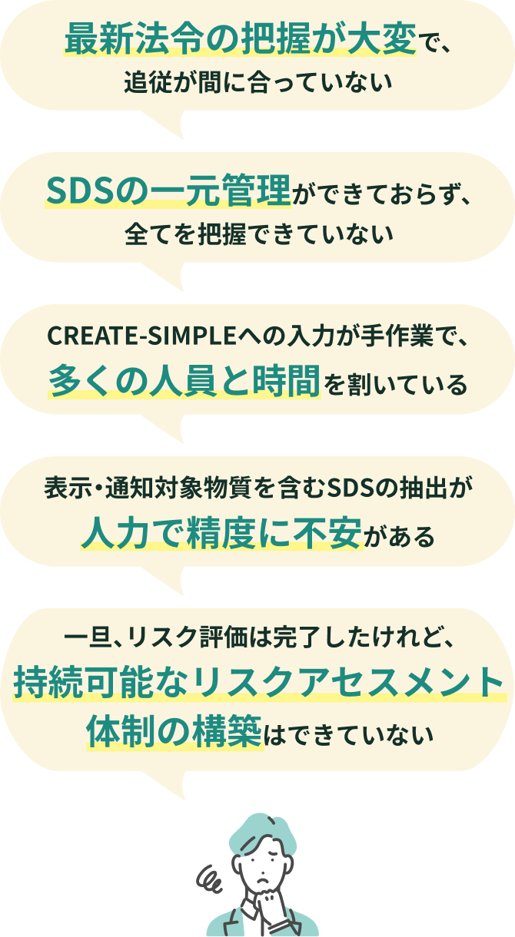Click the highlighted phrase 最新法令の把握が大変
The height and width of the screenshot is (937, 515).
[x=240, y=40]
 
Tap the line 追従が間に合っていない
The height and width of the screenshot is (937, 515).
[x=258, y=81]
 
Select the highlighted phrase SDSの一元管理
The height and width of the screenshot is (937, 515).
[x=168, y=191]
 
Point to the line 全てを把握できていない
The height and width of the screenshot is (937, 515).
[x=258, y=233]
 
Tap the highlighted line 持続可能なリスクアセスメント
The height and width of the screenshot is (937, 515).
[x=258, y=681]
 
